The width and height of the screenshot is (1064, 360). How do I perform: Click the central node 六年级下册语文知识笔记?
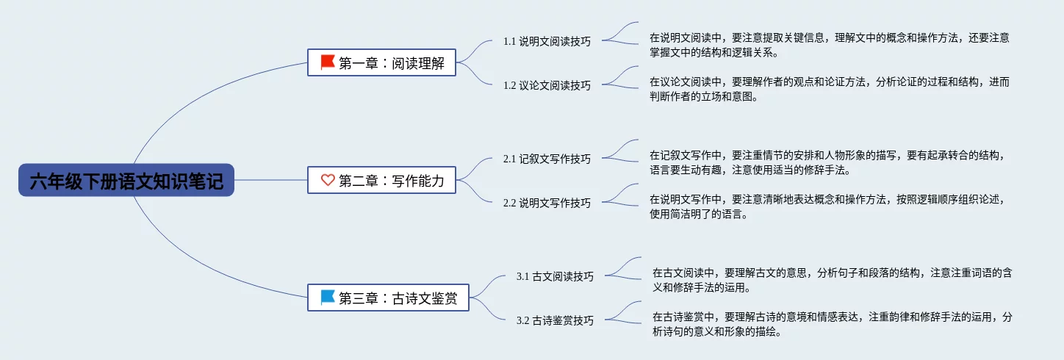126,180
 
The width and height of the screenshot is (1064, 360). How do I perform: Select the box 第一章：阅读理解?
381,62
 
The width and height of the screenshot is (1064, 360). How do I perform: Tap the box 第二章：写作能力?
381,180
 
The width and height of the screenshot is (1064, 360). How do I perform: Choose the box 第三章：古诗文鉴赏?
388,298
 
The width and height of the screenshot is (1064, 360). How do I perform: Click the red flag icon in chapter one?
328,62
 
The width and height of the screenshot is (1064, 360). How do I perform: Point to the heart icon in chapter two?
328,180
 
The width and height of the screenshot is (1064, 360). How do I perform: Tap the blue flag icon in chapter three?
328,298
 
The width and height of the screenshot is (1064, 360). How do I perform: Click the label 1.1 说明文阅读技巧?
547,41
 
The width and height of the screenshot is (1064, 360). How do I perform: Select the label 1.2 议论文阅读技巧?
547,85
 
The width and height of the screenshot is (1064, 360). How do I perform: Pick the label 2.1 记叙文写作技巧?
547,159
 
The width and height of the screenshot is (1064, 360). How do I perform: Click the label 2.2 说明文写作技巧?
547,203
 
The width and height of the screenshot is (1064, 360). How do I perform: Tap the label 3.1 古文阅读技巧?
555,276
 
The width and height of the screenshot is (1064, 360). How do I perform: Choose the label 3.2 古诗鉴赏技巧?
555,320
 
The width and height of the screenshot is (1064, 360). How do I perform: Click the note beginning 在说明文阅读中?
829,45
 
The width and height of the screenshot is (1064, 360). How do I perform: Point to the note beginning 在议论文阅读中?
829,89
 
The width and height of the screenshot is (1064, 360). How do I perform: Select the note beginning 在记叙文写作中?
826,162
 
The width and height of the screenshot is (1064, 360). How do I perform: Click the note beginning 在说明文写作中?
826,206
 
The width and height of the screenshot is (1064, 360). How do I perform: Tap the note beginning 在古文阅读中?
833,280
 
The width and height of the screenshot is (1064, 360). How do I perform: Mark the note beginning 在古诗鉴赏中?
833,324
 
